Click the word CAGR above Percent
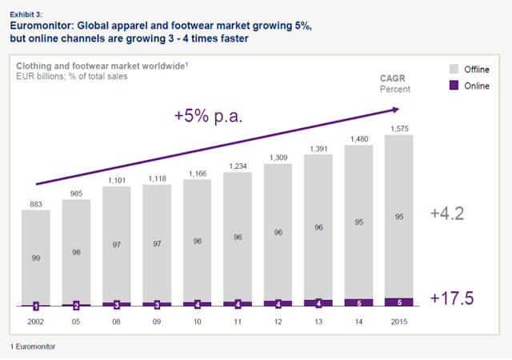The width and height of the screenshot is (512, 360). (393, 78)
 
